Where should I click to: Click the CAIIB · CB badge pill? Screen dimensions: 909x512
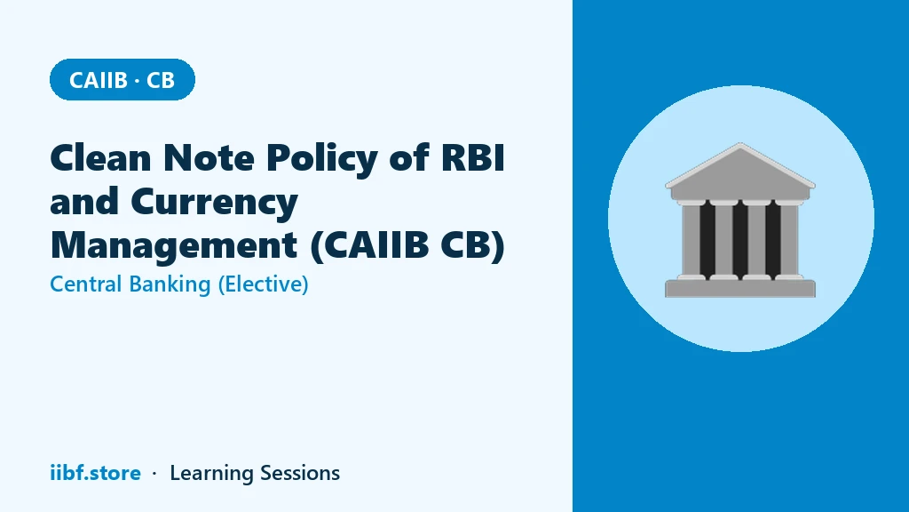pos(123,79)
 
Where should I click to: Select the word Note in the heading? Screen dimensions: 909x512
pos(209,157)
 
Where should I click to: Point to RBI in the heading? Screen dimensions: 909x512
pos(473,157)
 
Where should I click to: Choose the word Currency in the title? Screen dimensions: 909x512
pos(214,203)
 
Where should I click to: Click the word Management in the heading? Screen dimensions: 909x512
pos(174,245)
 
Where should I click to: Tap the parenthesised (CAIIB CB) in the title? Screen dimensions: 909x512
pos(407,245)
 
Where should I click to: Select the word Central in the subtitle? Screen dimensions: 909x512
pos(86,284)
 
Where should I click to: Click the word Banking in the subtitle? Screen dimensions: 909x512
pos(170,284)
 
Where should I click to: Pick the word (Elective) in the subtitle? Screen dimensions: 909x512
pos(263,284)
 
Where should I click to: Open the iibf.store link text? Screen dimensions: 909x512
pos(96,473)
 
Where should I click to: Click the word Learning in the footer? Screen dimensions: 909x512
pos(211,474)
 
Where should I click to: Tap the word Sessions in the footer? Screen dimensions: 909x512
pos(300,473)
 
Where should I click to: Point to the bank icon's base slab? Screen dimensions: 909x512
pos(740,289)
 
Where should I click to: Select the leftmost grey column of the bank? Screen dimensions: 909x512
pos(691,240)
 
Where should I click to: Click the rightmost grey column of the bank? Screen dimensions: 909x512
pos(789,240)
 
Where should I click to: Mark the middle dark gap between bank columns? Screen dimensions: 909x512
pos(740,240)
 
